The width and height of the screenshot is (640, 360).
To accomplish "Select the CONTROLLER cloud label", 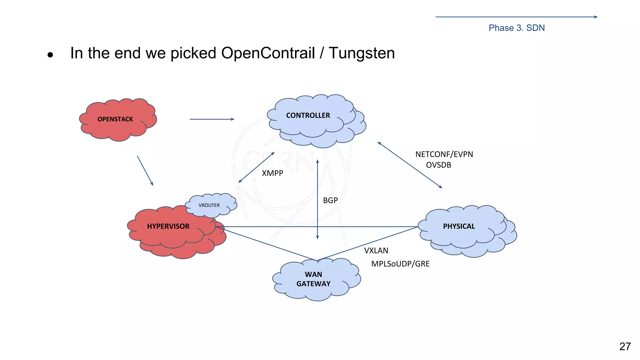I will click(308, 116).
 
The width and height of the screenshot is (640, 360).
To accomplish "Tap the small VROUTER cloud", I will click(209, 205).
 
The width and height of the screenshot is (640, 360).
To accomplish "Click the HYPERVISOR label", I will click(168, 227).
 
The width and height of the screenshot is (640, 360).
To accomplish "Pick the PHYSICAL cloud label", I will click(459, 227).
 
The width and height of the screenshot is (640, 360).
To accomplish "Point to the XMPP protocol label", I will click(272, 173).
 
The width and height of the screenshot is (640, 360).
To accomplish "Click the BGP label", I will click(330, 201).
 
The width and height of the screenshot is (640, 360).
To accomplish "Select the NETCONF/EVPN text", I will click(444, 154).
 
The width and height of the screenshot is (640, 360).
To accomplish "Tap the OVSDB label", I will click(438, 165).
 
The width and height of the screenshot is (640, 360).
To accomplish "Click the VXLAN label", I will click(376, 251).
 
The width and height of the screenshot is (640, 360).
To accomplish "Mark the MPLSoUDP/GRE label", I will click(400, 264).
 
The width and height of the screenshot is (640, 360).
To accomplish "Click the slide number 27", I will click(625, 347).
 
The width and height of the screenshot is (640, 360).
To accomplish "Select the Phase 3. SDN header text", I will click(516, 28).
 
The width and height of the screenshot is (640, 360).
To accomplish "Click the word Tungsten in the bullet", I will click(362, 53).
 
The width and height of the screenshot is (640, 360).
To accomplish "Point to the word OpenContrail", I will click(268, 53).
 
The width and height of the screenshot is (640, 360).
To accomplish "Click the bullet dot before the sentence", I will click(50, 55).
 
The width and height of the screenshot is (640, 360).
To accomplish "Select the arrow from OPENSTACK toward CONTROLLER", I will click(212, 119).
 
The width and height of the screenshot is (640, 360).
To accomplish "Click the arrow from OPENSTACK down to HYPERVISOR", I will click(145, 171).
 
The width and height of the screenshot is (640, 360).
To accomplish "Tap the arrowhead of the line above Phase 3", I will click(596, 17).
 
